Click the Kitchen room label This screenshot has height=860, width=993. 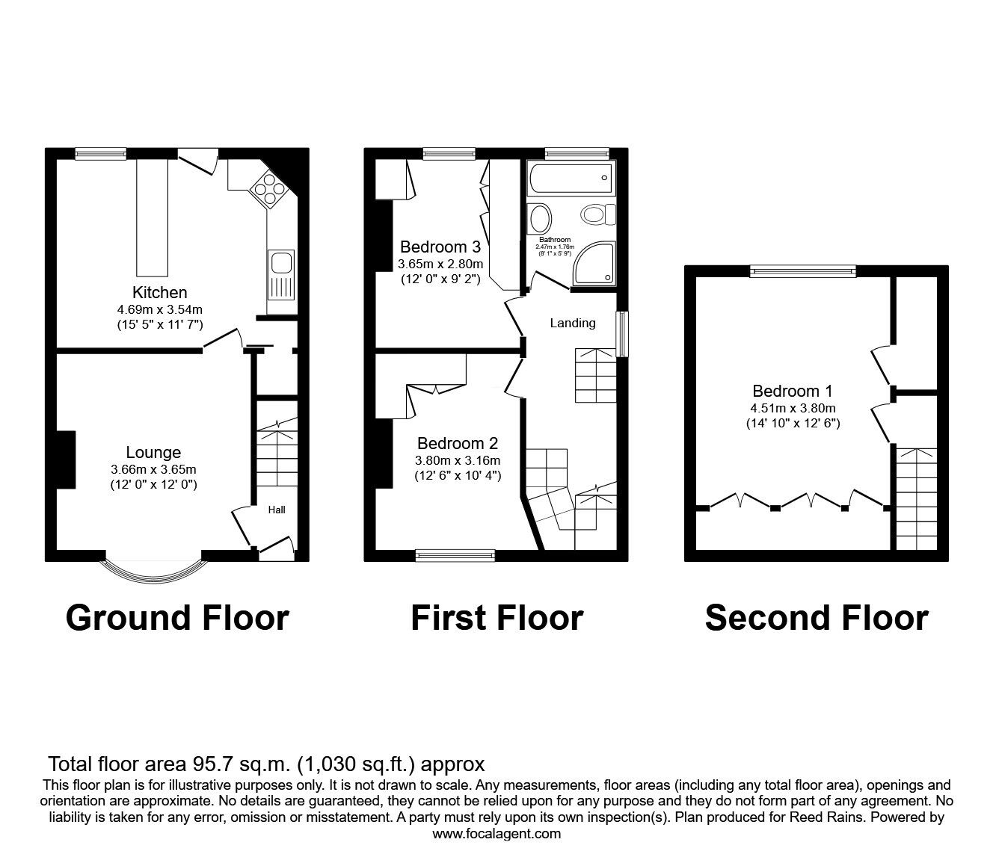click(159, 292)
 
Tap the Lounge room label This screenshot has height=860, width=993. click(153, 452)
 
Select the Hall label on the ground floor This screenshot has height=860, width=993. click(277, 510)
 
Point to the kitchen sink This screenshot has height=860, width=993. click(282, 263)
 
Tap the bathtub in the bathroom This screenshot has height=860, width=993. click(570, 179)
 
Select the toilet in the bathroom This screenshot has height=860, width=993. click(597, 215)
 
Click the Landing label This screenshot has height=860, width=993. click(573, 323)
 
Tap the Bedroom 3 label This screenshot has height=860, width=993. click(440, 247)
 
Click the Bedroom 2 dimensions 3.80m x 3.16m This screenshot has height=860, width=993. click(458, 460)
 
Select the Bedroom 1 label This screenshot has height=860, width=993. click(792, 391)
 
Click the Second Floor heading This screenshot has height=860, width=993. click(817, 618)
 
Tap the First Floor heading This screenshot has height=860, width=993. click(496, 618)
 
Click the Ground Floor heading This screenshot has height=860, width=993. click(177, 618)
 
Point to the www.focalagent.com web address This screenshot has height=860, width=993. click(496, 834)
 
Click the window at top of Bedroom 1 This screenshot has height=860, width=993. click(803, 271)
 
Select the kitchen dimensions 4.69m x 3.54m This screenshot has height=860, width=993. click(159, 309)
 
